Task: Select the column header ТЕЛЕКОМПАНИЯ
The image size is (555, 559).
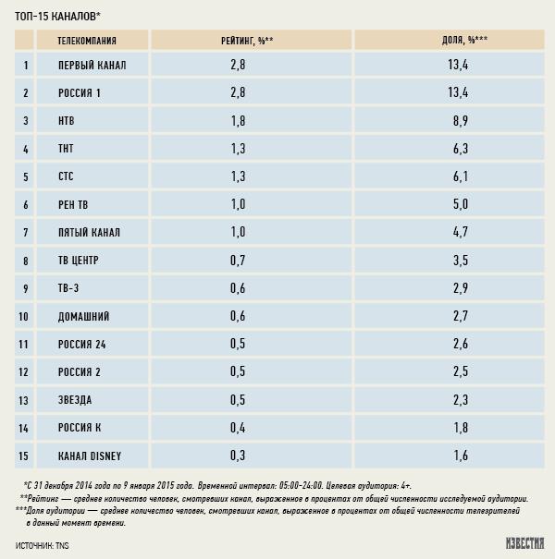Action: click(87, 41)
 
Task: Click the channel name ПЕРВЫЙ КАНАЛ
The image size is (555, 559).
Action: click(92, 66)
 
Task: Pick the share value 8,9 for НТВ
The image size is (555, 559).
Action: click(460, 121)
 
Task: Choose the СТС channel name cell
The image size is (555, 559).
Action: click(69, 176)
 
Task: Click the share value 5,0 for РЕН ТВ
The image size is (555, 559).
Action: click(460, 204)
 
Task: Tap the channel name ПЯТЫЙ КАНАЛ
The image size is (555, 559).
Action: click(89, 232)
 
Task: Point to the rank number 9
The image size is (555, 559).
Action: click(26, 288)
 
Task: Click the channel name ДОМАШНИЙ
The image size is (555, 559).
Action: click(84, 316)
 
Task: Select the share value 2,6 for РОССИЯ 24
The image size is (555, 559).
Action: click(460, 344)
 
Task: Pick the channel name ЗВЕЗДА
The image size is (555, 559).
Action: click(75, 399)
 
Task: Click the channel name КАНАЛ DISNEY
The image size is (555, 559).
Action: click(90, 455)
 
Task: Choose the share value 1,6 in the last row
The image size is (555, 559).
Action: click(460, 455)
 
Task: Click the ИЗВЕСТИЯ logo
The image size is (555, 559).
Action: click(524, 543)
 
